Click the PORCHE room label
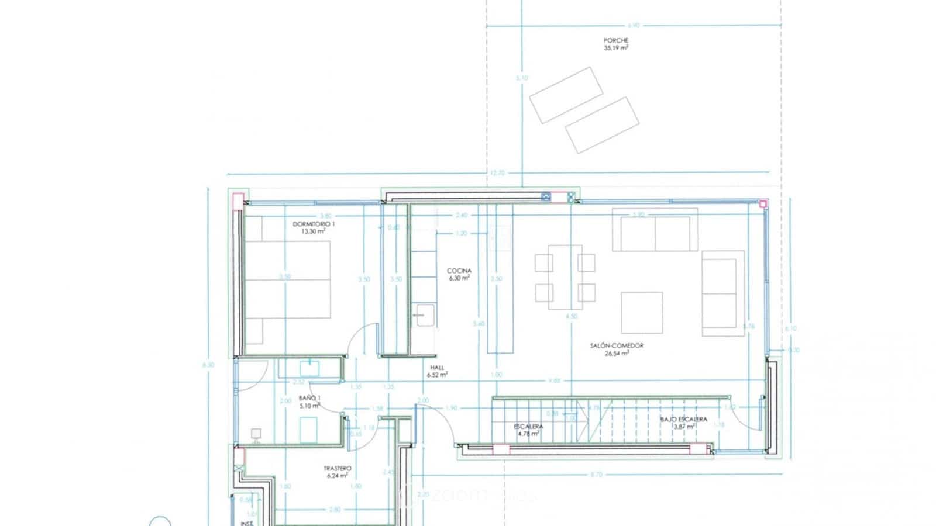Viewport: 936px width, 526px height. (616, 41)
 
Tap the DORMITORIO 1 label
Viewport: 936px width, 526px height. (314, 224)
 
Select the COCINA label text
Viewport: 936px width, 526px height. (459, 271)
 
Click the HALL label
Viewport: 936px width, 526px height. (437, 368)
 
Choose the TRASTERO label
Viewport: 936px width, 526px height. (338, 469)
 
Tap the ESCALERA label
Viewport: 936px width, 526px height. (529, 427)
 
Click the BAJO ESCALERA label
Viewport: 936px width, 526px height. (683, 419)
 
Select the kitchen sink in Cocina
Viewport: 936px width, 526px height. (423, 316)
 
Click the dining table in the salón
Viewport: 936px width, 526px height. (565, 277)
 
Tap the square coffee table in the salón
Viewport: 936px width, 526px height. (642, 312)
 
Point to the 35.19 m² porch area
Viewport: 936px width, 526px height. (616, 49)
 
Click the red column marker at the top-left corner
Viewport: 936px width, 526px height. (238, 198)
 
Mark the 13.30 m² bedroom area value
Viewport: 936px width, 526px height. (314, 231)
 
